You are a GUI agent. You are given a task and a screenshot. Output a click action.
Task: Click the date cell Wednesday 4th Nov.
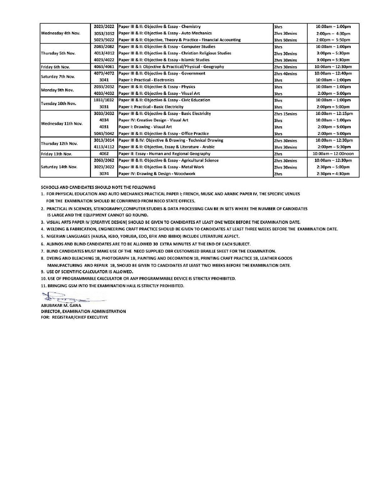tap(61, 33)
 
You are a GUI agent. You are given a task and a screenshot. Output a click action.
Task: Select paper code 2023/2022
tap(104, 27)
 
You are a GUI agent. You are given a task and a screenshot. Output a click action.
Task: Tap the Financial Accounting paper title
tap(179, 40)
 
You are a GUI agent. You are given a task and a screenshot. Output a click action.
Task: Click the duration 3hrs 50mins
tap(285, 40)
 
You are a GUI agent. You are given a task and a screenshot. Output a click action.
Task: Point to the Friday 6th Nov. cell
tap(55, 67)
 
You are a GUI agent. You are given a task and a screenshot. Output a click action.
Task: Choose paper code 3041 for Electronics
tap(104, 80)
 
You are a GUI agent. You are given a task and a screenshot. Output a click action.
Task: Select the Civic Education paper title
tap(164, 100)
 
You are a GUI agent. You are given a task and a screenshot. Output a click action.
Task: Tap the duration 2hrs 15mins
tap(285, 114)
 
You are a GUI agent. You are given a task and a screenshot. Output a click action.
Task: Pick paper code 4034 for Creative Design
tap(104, 120)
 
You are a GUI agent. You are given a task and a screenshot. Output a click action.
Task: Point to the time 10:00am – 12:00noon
tap(333, 154)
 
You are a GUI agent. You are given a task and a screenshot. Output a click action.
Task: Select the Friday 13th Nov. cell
tap(56, 154)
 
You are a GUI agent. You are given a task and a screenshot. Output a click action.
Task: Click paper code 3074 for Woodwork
tap(104, 174)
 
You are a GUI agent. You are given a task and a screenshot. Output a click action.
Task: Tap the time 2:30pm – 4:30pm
tap(333, 174)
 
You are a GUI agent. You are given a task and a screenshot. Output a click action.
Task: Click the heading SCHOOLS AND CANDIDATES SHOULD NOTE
tap(98, 187)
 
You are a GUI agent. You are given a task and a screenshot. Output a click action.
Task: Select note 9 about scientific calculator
tap(87, 272)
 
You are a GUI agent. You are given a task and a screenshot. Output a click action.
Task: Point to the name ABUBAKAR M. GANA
tap(61, 306)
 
